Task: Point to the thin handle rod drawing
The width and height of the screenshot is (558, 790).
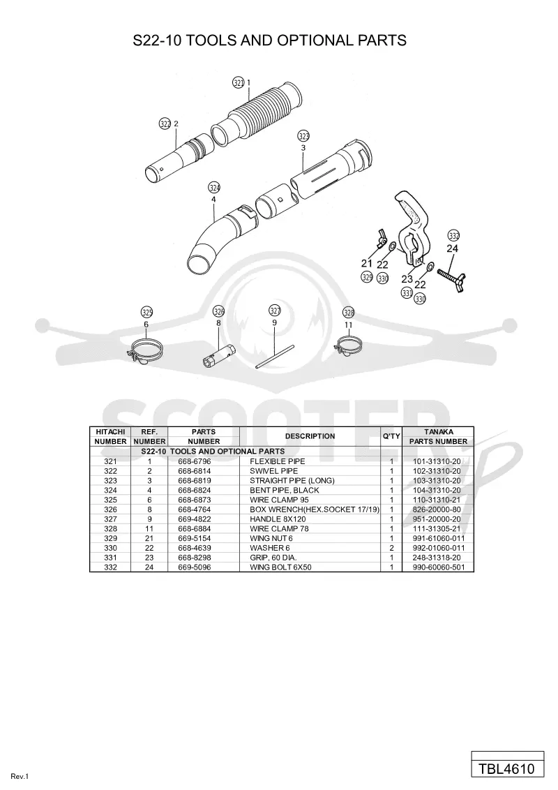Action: click(275, 356)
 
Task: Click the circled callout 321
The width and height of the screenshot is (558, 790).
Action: click(239, 83)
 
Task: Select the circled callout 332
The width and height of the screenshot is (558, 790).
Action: click(454, 236)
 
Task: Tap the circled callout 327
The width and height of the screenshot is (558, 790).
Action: click(275, 311)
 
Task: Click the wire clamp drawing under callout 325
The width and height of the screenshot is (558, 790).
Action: click(146, 350)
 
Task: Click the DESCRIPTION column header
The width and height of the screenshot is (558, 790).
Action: click(310, 436)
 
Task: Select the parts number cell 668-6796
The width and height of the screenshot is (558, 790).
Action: click(195, 461)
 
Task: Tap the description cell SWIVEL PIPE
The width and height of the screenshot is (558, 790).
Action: click(274, 471)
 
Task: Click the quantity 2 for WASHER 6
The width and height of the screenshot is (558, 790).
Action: click(392, 548)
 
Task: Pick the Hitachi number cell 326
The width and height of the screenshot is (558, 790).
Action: click(110, 509)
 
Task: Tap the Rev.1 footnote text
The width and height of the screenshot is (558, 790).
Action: click(20, 777)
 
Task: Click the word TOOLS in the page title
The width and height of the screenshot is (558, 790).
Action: click(212, 40)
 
